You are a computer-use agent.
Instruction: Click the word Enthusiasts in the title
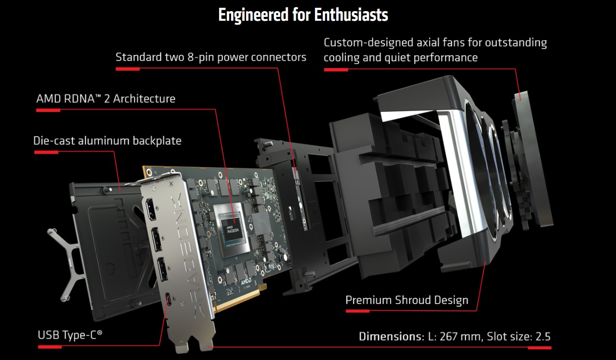(351, 15)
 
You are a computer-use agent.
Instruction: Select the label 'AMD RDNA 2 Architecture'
(106, 99)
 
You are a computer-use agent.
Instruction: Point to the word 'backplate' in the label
(157, 141)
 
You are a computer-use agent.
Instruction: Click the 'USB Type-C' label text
(70, 334)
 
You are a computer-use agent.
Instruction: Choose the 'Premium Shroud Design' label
(407, 300)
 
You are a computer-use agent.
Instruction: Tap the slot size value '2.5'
(542, 336)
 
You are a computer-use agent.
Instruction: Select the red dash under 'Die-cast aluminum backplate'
(46, 152)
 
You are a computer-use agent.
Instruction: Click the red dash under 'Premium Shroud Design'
(357, 311)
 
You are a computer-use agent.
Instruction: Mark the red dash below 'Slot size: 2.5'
(539, 347)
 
